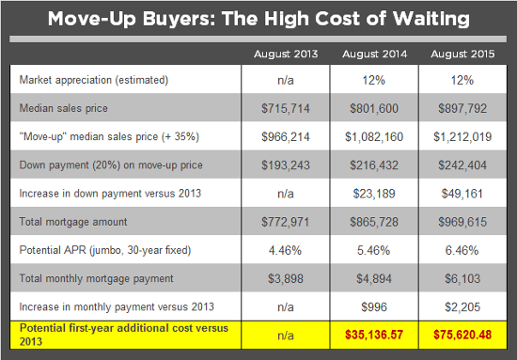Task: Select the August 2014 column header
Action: click(x=374, y=53)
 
